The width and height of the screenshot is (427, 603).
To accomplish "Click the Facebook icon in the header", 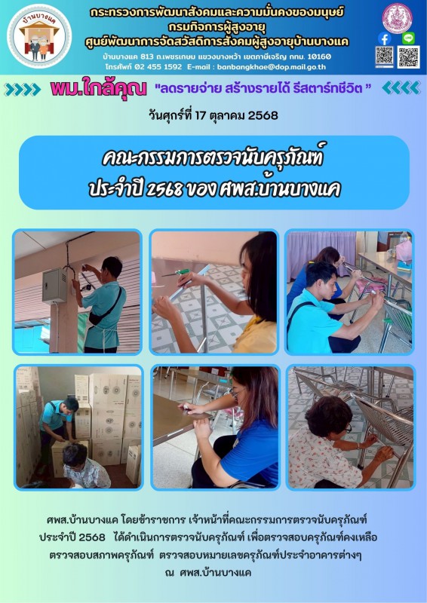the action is [x=384, y=38].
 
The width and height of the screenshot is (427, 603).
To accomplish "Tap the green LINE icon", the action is [x=408, y=38].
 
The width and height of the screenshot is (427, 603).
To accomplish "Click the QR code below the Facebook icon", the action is [x=385, y=57].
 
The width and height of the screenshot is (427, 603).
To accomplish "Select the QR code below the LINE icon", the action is [x=409, y=57].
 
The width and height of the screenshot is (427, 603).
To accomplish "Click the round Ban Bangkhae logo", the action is [x=39, y=36].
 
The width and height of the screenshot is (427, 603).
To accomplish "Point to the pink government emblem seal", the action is [x=397, y=17].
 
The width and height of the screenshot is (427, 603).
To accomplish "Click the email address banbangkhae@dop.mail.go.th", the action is [x=272, y=66].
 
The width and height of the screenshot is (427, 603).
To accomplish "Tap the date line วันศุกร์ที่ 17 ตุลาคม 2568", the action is [x=213, y=115].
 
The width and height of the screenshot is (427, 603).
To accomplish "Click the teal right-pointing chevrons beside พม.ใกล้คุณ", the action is [x=23, y=89].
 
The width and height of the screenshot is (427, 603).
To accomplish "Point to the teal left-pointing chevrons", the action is [x=401, y=87].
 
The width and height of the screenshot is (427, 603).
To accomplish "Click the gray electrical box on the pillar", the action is [x=54, y=286].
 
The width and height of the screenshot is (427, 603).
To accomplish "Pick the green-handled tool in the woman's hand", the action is [x=177, y=273].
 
